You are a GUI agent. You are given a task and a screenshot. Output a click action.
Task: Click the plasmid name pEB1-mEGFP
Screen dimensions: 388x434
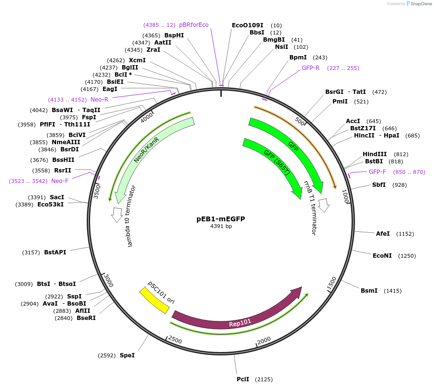coord(220,218)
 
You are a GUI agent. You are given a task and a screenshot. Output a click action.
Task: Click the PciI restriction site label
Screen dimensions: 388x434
coord(243,379)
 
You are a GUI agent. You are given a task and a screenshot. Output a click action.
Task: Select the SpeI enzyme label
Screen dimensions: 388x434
coord(127,355)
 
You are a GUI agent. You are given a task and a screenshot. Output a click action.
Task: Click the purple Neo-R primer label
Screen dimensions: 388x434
coord(99,100)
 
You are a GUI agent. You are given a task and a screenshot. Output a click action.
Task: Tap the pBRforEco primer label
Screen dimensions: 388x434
coord(194,25)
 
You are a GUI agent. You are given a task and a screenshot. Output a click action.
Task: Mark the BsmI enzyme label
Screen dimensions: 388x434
coord(369,291)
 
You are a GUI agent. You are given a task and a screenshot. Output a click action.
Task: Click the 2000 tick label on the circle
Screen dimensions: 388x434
coord(264,341)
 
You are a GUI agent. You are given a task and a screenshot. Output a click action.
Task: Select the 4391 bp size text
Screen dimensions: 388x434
coord(221,227)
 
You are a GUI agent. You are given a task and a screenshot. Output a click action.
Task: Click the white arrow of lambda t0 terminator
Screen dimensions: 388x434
coord(116,215)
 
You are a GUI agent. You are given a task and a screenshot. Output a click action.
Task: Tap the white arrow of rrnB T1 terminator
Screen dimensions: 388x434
coord(324,205)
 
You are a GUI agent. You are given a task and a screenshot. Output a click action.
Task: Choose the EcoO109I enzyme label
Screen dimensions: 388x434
coord(247,25)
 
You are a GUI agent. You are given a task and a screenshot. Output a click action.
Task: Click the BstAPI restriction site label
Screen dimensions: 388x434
coord(55,252)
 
